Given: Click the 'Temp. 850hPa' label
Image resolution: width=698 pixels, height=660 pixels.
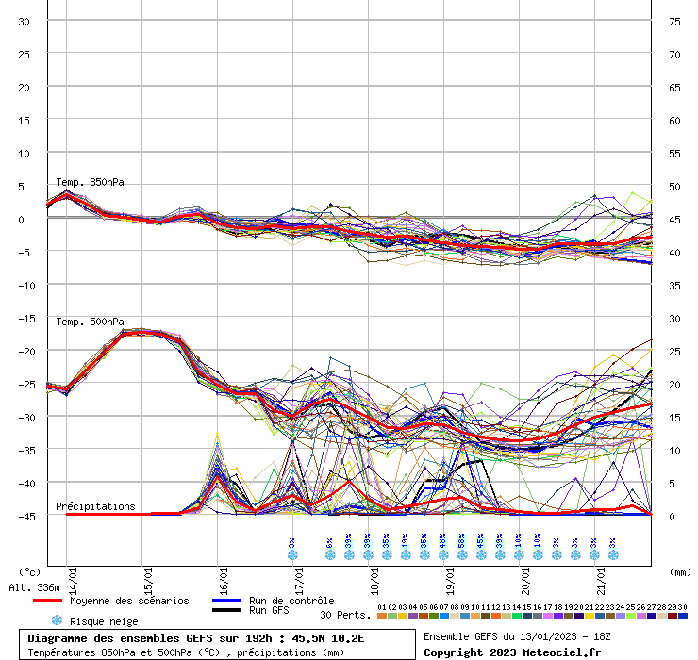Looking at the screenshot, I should (90, 182).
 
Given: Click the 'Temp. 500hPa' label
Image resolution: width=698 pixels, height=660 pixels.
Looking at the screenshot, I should (90, 322).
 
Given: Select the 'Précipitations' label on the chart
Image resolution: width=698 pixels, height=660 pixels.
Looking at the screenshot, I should (95, 506).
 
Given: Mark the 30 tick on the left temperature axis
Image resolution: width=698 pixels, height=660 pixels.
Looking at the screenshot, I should (25, 21).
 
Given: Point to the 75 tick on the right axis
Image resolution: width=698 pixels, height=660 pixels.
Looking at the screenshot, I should (674, 21).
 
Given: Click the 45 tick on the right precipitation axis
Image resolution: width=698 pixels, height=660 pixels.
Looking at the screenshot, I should (674, 219).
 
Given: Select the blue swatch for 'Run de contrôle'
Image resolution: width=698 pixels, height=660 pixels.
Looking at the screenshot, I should (228, 601).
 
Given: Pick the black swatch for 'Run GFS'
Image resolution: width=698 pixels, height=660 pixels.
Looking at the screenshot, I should (228, 611).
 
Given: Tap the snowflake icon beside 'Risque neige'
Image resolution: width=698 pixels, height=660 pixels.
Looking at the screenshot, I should (57, 620).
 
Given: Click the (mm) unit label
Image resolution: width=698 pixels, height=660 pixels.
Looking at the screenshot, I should (680, 571).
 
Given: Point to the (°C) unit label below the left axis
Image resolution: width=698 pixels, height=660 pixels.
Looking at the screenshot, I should (30, 571).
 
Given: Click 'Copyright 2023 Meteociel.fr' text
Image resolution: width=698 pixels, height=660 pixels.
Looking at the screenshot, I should (511, 652).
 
